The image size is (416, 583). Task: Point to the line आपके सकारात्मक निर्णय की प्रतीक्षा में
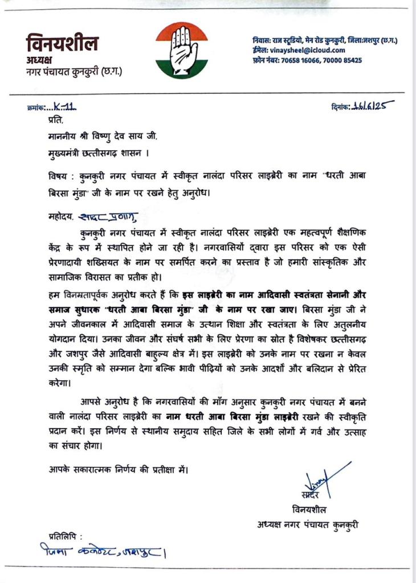click(x=117, y=470)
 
